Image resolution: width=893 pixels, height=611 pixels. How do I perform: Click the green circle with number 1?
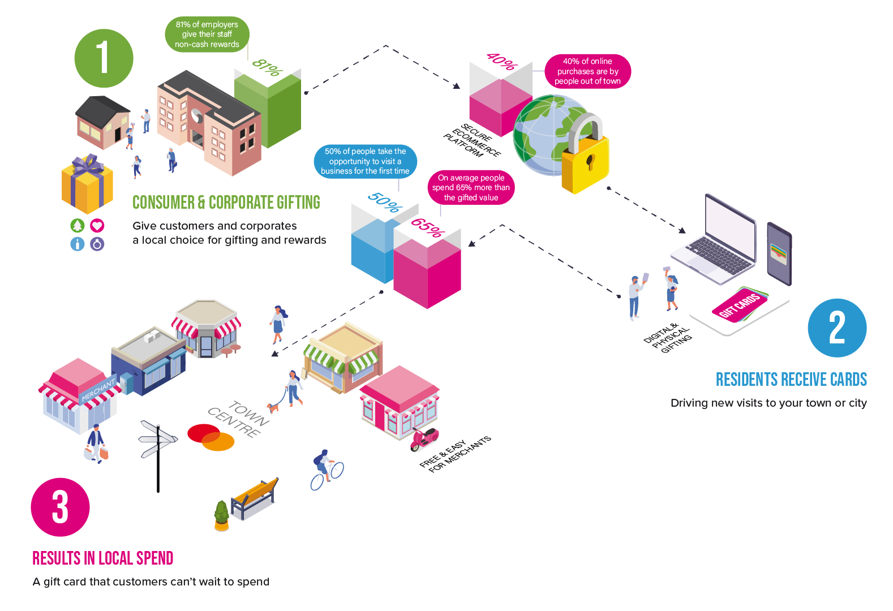coord(104,58)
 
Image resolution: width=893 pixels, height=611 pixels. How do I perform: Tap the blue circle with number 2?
coord(837,328)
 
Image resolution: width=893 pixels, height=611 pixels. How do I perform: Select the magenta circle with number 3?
coord(60,507)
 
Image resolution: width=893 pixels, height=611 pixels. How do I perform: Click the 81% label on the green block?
coord(267,68)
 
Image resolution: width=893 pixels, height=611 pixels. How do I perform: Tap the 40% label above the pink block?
coord(501,61)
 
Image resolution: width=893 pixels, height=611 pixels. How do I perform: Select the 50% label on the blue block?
coord(384,202)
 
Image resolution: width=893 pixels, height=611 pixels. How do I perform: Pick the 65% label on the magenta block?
coord(427,227)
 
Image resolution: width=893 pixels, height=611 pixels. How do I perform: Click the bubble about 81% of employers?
coord(207,35)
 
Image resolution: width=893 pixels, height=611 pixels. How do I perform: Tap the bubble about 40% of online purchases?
coord(587,71)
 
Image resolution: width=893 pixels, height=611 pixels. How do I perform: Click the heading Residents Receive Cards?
coord(791,379)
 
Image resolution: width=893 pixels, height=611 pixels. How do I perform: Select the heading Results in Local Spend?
coord(102,558)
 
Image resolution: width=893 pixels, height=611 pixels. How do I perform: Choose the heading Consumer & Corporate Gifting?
coord(226,203)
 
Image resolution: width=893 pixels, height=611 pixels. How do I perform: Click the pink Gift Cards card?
coord(739,306)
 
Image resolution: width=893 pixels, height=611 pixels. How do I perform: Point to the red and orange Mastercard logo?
coord(211,437)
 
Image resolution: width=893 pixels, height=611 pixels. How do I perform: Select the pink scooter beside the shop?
coord(424,439)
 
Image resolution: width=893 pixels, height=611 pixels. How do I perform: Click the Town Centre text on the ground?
coord(238,419)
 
